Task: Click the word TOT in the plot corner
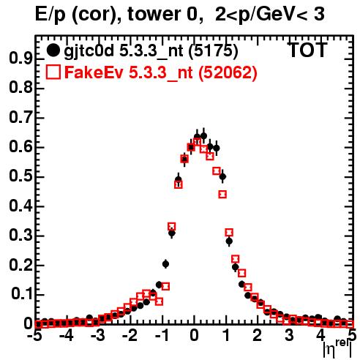[308, 50]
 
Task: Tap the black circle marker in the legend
[53, 50]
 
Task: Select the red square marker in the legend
[53, 72]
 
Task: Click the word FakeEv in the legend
[94, 72]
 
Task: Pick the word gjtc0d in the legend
[89, 52]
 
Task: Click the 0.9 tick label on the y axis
[20, 59]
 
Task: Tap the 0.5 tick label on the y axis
[20, 176]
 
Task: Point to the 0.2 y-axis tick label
[20, 265]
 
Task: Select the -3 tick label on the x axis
[98, 336]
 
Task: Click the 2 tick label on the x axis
[258, 336]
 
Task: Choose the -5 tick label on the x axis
[35, 336]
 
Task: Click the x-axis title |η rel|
[337, 348]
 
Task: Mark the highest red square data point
[197, 141]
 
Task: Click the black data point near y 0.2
[165, 264]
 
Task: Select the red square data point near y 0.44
[222, 195]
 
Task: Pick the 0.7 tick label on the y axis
[20, 118]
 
